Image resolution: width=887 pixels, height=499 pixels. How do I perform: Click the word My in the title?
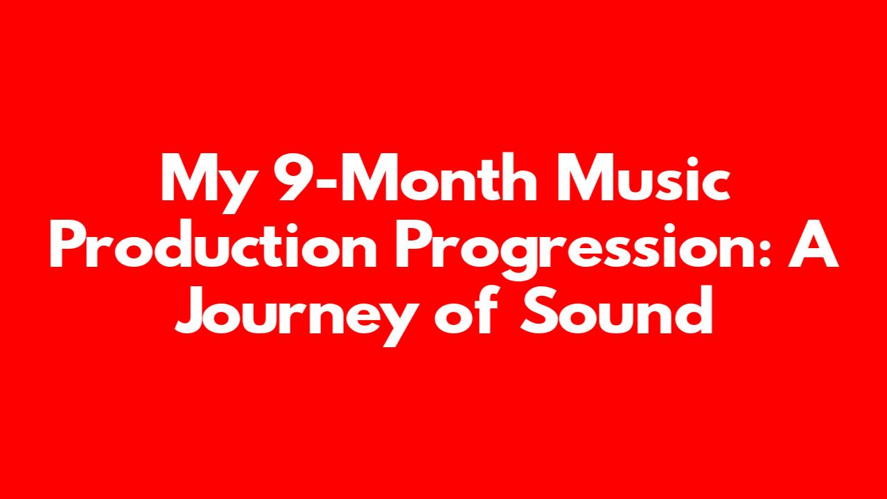(207, 183)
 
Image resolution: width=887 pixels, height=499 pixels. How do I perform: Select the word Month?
(439, 177)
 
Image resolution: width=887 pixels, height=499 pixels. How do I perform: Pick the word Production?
(213, 245)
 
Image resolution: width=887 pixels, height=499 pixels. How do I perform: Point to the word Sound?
(616, 310)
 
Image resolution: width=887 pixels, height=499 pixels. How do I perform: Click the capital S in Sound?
(538, 311)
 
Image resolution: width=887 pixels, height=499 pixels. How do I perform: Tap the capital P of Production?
(67, 245)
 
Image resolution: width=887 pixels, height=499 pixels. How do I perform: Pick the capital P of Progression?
(412, 245)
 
